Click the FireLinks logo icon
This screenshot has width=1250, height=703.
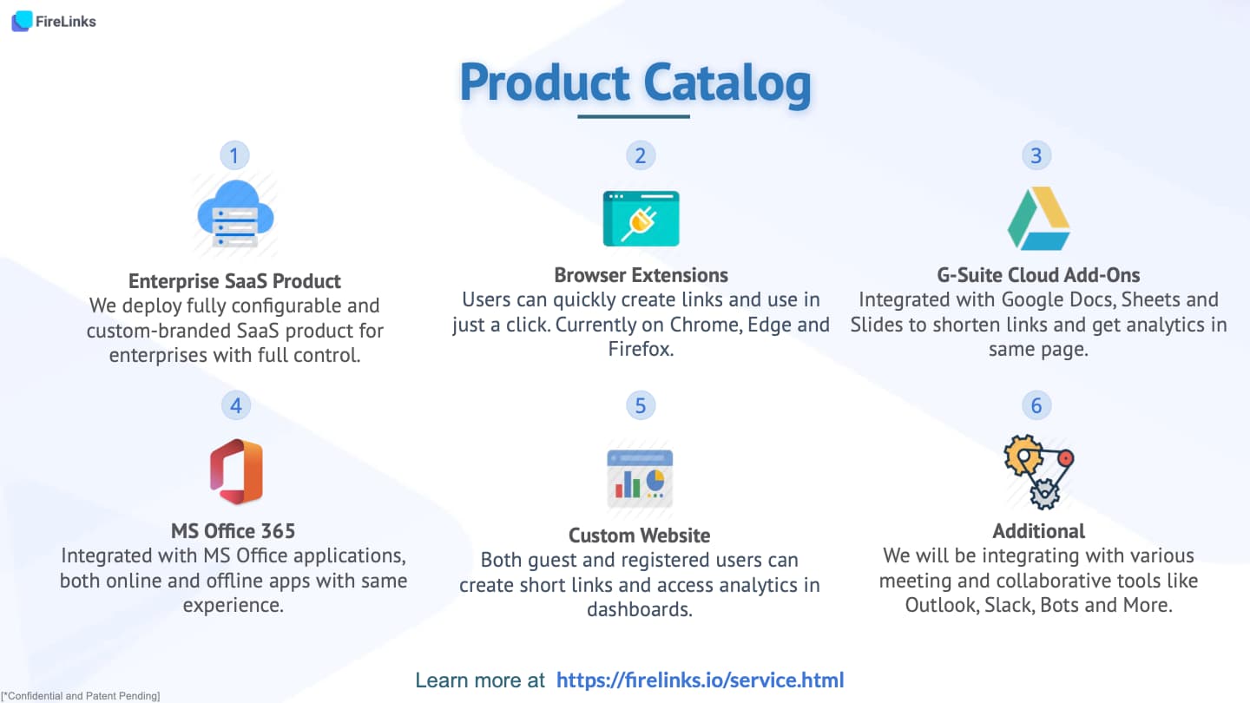pyautogui.click(x=22, y=21)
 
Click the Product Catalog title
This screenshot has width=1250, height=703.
pyautogui.click(x=635, y=83)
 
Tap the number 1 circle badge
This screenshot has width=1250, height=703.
pyautogui.click(x=234, y=155)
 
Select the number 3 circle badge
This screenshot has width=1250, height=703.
pyautogui.click(x=1036, y=155)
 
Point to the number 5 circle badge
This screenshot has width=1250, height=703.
pyautogui.click(x=640, y=405)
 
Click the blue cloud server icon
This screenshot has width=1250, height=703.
pyautogui.click(x=235, y=214)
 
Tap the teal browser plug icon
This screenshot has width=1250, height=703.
pyautogui.click(x=641, y=219)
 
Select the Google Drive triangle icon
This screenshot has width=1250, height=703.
pyautogui.click(x=1038, y=219)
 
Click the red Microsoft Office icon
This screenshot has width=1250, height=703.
pyautogui.click(x=237, y=471)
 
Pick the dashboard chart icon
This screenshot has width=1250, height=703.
pyautogui.click(x=640, y=478)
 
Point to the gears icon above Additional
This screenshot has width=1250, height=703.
pyautogui.click(x=1038, y=472)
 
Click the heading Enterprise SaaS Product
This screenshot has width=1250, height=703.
pyautogui.click(x=234, y=281)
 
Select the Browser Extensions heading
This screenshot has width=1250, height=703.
pyautogui.click(x=641, y=275)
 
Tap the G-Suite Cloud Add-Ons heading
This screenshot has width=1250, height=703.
pyautogui.click(x=1038, y=275)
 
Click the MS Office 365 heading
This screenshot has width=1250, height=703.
pyautogui.click(x=234, y=531)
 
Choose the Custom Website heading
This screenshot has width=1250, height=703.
pyautogui.click(x=640, y=535)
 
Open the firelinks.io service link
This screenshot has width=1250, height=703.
pyautogui.click(x=701, y=680)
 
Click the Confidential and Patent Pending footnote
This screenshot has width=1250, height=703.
pyautogui.click(x=81, y=696)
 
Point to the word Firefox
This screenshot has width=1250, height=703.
pyautogui.click(x=640, y=349)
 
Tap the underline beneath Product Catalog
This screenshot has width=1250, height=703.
pyautogui.click(x=634, y=116)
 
